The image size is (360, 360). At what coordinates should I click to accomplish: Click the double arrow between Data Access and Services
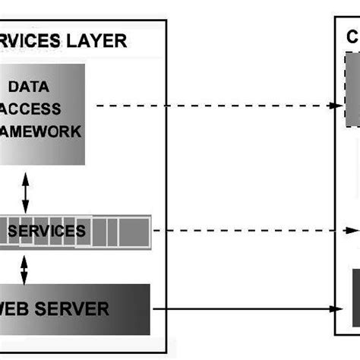click(26, 194)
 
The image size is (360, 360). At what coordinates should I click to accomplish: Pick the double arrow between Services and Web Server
click(26, 267)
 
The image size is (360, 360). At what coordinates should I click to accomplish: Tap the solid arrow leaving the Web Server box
click(243, 309)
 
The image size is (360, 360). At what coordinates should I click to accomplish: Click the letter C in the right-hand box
click(352, 38)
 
